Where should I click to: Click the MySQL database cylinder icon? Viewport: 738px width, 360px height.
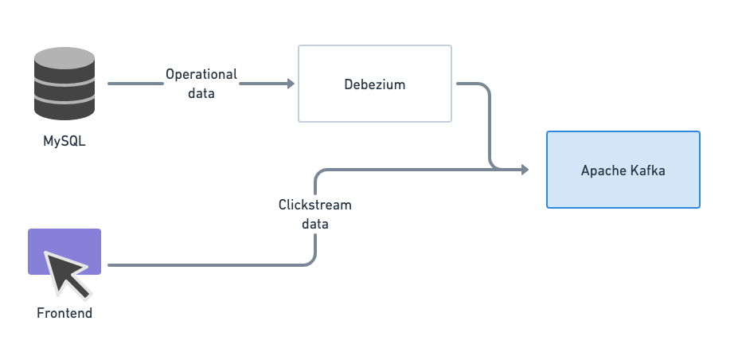(x=64, y=84)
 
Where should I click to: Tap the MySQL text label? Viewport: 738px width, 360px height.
(x=64, y=143)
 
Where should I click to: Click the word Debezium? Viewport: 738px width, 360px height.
(x=374, y=84)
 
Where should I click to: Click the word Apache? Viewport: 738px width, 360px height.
(x=603, y=170)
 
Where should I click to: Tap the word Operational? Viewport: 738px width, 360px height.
(x=201, y=74)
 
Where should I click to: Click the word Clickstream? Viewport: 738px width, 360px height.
(x=314, y=205)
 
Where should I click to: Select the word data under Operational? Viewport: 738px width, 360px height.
(x=201, y=92)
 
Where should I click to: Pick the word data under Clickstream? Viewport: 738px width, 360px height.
(x=314, y=224)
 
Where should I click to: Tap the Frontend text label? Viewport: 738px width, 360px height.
(x=64, y=313)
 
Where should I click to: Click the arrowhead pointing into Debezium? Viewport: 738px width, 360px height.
(x=290, y=83)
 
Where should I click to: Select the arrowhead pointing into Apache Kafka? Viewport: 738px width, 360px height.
(x=524, y=170)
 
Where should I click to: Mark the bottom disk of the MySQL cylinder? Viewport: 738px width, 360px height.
(x=64, y=108)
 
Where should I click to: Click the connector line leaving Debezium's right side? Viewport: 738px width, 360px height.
(x=474, y=83)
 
